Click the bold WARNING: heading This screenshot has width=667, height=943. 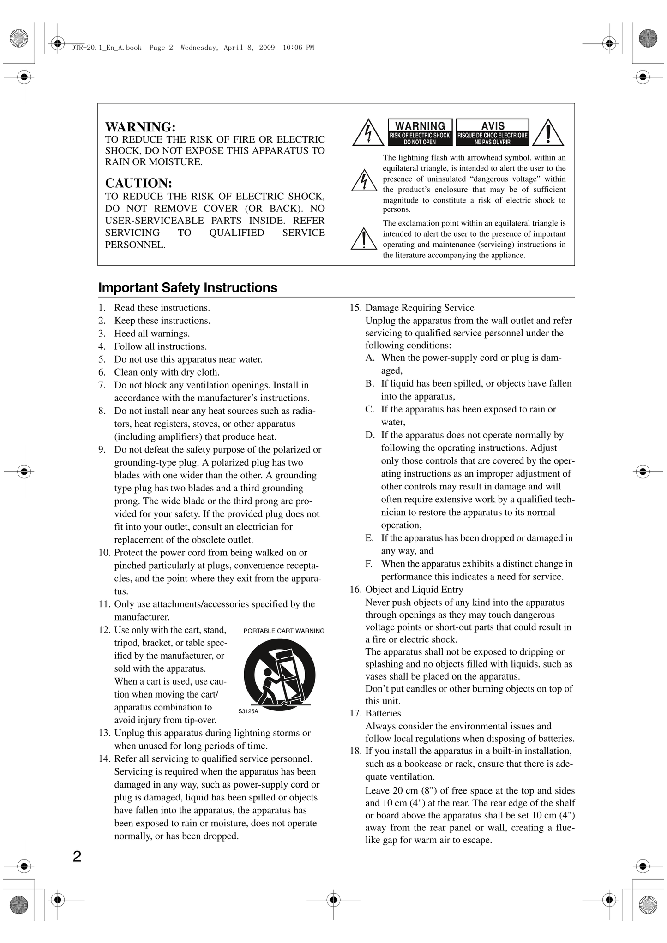140,127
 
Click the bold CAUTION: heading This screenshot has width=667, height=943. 138,183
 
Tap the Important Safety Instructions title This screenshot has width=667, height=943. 188,288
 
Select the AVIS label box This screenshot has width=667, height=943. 493,132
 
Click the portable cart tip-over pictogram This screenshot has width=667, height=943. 279,674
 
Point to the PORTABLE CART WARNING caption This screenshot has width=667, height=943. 284,631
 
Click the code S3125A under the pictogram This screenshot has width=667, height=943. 248,711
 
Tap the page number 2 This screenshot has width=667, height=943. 77,857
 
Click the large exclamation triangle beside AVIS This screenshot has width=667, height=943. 548,133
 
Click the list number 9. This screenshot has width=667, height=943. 102,449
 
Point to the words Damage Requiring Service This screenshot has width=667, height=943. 420,308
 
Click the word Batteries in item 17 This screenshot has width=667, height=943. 383,713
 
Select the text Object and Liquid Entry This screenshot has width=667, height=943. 414,590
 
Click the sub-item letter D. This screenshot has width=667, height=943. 370,435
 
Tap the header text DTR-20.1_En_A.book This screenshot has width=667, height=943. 107,48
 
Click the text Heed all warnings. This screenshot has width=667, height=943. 152,334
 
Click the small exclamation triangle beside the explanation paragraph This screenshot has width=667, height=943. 364,239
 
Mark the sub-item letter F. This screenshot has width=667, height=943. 369,564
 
